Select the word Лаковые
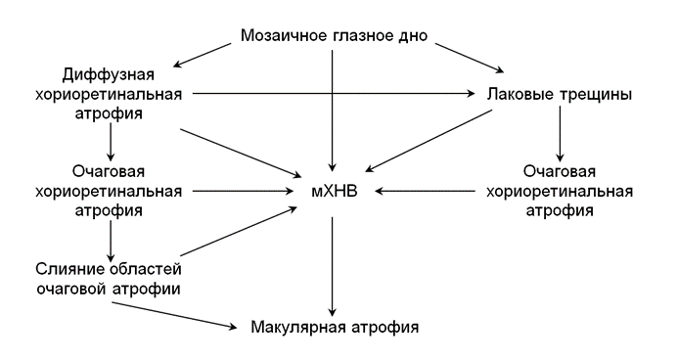click(x=515, y=95)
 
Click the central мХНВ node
click(x=334, y=192)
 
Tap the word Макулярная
click(x=294, y=326)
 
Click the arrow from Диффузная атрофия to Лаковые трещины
click(x=333, y=94)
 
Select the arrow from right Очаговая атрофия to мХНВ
click(x=430, y=192)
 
